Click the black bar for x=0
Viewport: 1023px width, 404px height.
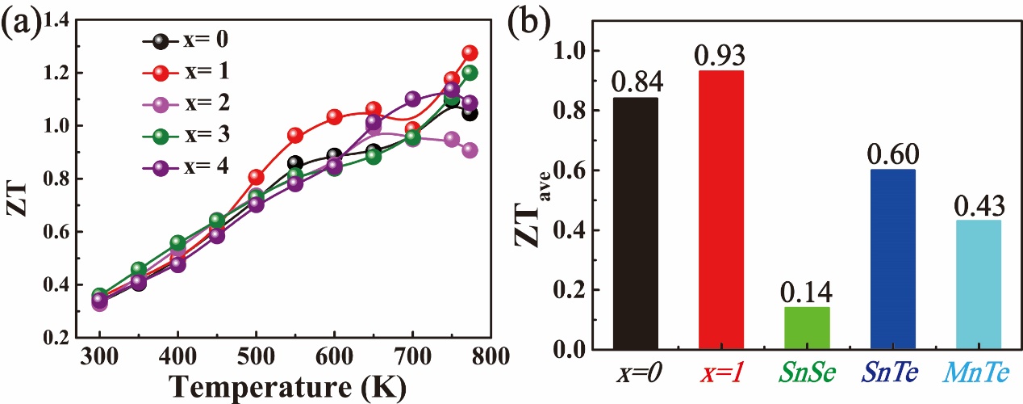pos(635,224)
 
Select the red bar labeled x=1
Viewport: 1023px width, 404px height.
pos(720,210)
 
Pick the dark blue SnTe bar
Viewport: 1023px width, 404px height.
pos(892,259)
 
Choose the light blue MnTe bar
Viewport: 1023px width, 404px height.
pos(978,284)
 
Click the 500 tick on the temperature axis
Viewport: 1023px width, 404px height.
pos(257,356)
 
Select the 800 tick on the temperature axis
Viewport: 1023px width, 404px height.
pos(491,356)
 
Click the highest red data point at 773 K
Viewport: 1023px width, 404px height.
pos(470,53)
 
